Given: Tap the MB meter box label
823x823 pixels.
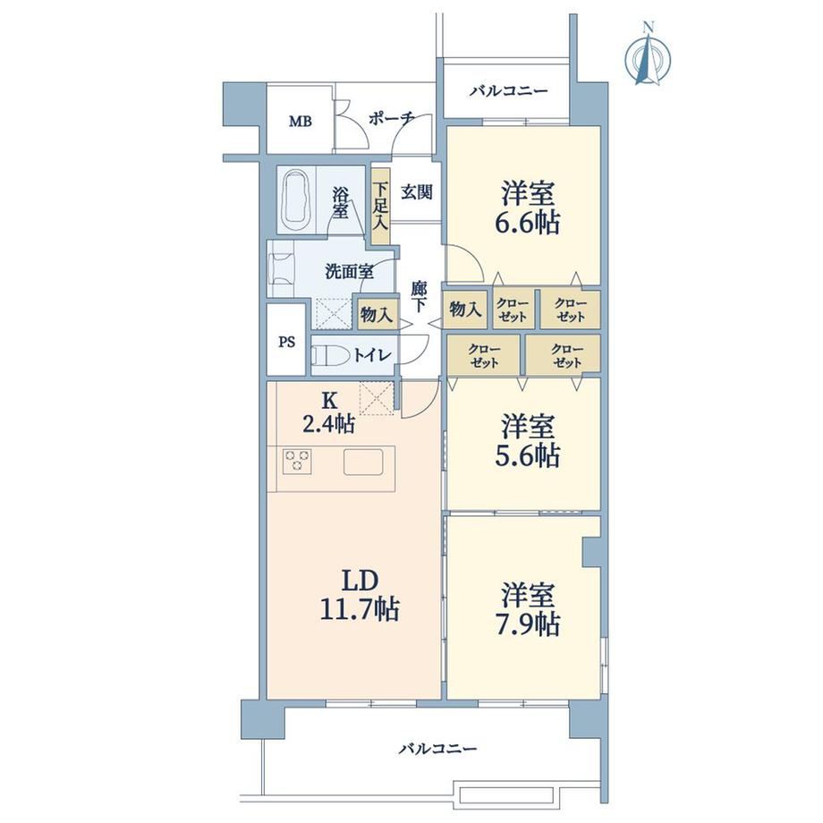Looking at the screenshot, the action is click(301, 122).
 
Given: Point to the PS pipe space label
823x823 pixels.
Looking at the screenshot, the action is click(286, 343).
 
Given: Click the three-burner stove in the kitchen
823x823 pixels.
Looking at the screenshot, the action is click(297, 462).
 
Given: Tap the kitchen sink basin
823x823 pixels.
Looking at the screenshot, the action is click(363, 462).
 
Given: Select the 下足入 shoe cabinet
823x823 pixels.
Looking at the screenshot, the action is click(380, 206).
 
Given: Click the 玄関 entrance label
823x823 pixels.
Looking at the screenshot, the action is click(417, 192).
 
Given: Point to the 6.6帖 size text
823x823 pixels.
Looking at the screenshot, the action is click(527, 223).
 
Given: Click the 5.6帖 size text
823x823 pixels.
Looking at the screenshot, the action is click(527, 455).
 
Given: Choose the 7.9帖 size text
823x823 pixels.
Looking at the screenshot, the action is click(527, 624).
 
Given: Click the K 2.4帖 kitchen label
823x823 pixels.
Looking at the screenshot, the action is click(329, 412).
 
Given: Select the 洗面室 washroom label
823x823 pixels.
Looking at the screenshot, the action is click(350, 272).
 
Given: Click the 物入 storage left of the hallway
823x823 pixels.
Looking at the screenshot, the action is click(377, 314).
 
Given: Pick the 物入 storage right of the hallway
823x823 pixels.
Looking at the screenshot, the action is click(465, 310).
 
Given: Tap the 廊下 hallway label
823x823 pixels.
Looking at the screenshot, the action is click(419, 297).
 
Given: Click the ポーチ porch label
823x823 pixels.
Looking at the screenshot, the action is click(392, 119).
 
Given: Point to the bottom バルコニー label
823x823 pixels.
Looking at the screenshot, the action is click(437, 749).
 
